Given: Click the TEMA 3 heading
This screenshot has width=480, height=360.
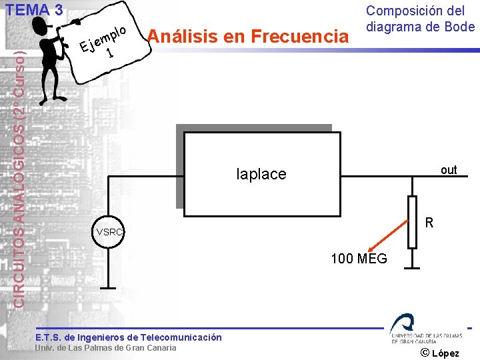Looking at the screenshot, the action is pyautogui.click(x=34, y=10).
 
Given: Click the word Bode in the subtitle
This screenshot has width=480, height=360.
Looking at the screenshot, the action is pyautogui.click(x=460, y=27).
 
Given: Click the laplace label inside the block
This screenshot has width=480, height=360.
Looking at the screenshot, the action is pyautogui.click(x=261, y=174).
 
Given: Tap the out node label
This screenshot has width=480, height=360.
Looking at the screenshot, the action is pyautogui.click(x=449, y=170).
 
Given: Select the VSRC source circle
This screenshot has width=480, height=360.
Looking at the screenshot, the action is pyautogui.click(x=110, y=232).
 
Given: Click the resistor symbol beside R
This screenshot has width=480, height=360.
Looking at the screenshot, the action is pyautogui.click(x=412, y=222).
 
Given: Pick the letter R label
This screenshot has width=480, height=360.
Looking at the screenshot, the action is pyautogui.click(x=430, y=223).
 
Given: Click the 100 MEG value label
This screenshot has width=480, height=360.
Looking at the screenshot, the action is pyautogui.click(x=359, y=259).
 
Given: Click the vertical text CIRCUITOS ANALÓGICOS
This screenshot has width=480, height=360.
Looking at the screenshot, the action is pyautogui.click(x=21, y=173).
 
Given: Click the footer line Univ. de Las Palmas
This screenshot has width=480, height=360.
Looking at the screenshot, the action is pyautogui.click(x=106, y=347).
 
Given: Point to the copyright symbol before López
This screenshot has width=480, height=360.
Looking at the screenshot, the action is pyautogui.click(x=427, y=352).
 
